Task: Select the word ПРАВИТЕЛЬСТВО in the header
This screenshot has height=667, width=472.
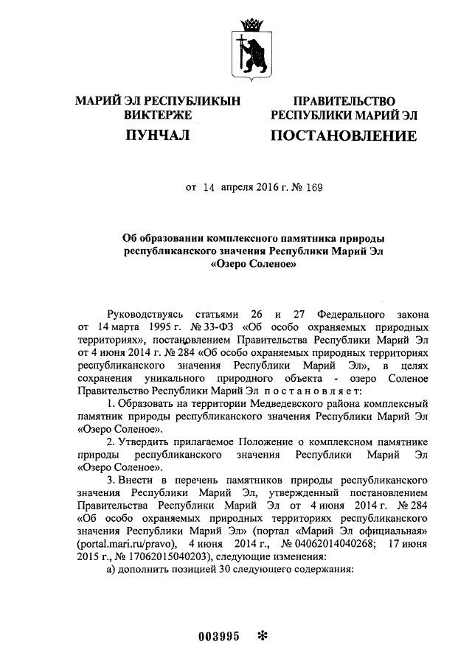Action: click(344, 100)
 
